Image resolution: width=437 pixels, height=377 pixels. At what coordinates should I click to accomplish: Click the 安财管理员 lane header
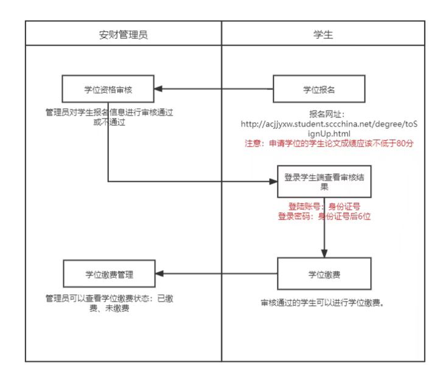124,34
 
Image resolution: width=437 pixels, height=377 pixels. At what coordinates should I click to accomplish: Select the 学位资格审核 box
108,89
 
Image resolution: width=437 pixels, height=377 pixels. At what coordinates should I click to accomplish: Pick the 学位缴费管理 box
108,274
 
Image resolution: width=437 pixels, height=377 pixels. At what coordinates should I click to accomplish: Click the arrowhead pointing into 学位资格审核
158,89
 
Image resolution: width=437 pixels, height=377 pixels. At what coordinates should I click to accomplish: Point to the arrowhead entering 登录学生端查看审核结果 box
273,181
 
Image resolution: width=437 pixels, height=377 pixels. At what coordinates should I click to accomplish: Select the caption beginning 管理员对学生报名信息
108,117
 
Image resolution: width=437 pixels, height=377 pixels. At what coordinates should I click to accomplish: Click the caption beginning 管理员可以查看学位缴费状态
108,303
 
